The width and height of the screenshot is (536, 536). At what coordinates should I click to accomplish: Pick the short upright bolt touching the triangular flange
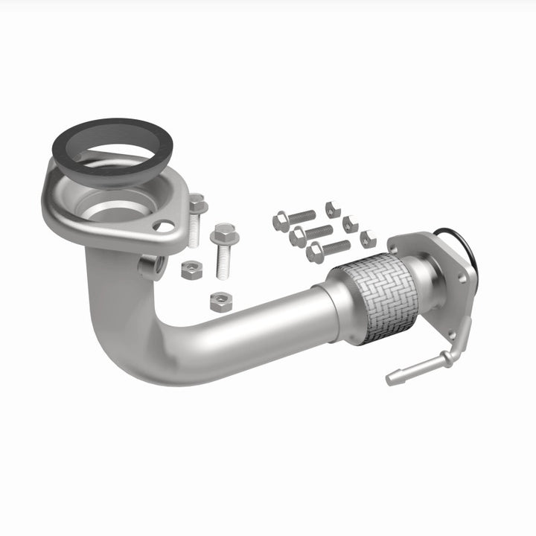(196, 220)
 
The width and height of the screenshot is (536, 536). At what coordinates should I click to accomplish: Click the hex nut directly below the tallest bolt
(221, 301)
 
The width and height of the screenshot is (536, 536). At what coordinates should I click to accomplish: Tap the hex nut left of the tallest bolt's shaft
(191, 269)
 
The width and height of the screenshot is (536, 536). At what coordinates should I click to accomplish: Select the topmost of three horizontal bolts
(293, 218)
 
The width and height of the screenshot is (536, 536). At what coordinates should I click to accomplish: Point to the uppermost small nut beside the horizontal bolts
(333, 209)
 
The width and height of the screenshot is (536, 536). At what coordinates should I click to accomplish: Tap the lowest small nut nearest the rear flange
(368, 238)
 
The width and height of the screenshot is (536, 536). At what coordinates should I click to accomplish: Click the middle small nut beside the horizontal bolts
(350, 223)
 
